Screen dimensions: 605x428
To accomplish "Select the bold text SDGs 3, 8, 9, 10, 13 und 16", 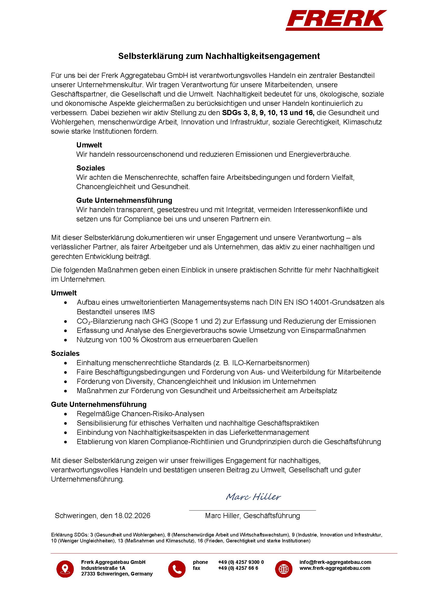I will pyautogui.click(x=268, y=113).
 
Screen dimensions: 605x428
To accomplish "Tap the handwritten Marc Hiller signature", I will pyautogui.click(x=253, y=496).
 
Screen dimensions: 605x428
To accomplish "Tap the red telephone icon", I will pyautogui.click(x=176, y=569).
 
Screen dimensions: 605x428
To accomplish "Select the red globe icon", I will pyautogui.click(x=284, y=569).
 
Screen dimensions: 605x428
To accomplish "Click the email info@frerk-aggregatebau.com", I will pyautogui.click(x=335, y=562).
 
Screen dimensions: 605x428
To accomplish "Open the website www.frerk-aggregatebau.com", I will pyautogui.click(x=334, y=568).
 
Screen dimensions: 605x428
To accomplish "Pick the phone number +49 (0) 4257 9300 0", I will pyautogui.click(x=241, y=562).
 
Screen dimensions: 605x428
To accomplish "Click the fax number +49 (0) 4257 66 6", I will pyautogui.click(x=238, y=568).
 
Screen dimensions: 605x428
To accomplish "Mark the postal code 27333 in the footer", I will pyautogui.click(x=88, y=574).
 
